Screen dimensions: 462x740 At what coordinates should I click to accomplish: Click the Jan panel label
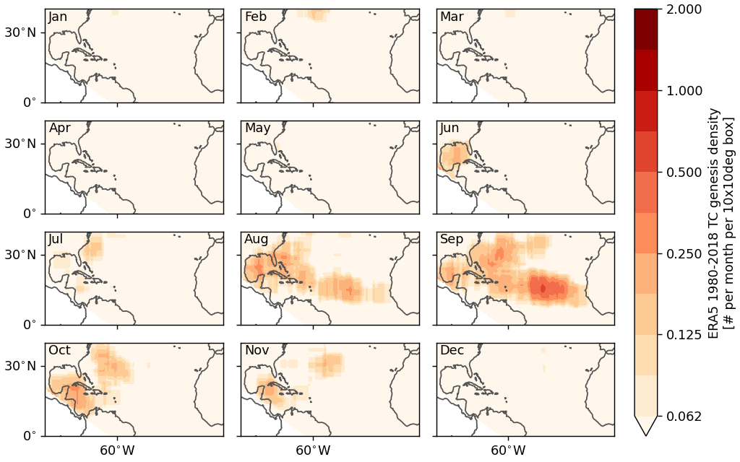point(58,17)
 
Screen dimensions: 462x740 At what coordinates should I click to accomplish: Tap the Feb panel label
point(255,17)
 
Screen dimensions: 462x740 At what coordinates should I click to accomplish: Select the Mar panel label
point(452,17)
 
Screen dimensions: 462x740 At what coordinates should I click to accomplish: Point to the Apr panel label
point(59,128)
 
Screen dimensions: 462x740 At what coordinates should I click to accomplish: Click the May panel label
point(258,128)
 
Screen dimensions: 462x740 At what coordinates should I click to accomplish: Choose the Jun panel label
point(449,128)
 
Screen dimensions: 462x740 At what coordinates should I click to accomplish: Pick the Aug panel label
point(257,240)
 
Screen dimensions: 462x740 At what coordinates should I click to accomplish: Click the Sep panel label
point(452,240)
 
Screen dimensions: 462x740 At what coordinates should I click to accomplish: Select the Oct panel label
point(59,351)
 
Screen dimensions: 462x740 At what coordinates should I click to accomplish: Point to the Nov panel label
point(257,351)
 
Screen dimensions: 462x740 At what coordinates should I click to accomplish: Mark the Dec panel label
point(452,351)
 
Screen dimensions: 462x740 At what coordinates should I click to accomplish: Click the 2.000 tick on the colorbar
point(683,9)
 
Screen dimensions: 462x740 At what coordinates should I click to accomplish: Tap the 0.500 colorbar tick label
point(683,173)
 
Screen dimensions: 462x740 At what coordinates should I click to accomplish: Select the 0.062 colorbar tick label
point(683,417)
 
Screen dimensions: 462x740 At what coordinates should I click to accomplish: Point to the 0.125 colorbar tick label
point(683,335)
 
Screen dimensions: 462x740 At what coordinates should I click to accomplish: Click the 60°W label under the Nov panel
point(313,450)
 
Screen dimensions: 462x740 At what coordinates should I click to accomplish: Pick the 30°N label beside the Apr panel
point(21,144)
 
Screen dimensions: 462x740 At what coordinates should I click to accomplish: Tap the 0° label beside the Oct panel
point(29,436)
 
